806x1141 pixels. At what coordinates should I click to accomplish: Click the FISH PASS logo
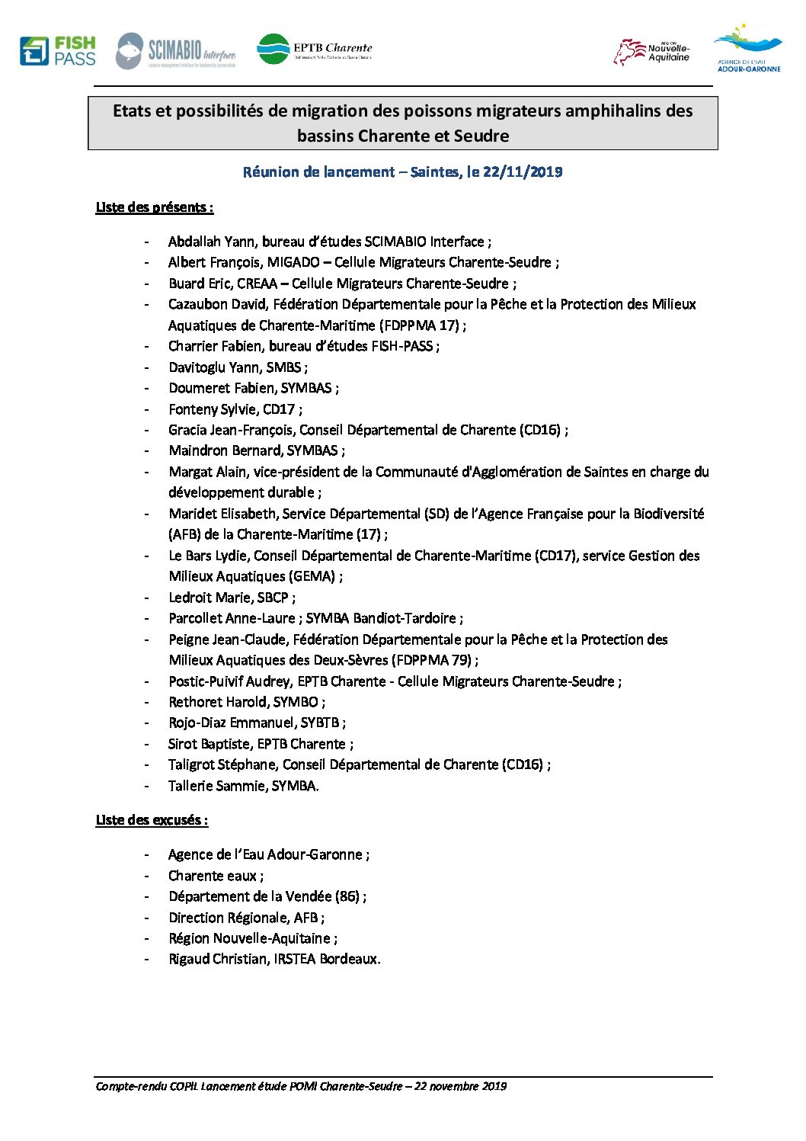click(58, 51)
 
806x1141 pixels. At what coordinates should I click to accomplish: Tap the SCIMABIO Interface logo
click(176, 52)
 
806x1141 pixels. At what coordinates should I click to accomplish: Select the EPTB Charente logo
click(314, 50)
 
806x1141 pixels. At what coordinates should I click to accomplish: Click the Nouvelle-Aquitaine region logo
click(651, 52)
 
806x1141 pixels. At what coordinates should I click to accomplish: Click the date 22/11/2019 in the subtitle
click(523, 172)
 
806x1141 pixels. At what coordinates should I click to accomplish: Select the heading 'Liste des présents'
click(154, 207)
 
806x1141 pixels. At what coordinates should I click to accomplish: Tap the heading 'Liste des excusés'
click(152, 820)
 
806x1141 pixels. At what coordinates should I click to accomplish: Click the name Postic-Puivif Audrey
click(229, 681)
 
